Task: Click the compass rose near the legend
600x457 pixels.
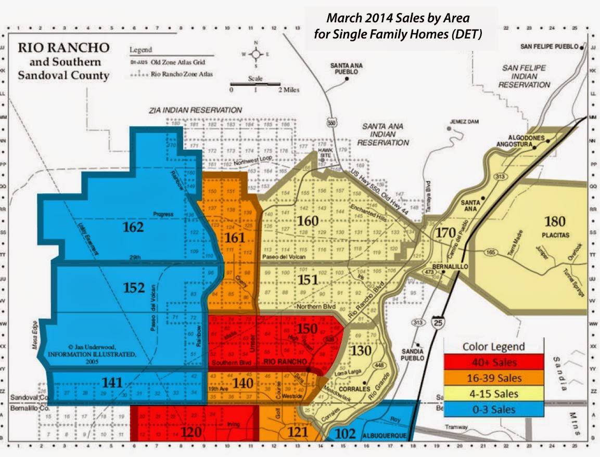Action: (x=256, y=54)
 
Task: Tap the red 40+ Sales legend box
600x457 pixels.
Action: (x=493, y=362)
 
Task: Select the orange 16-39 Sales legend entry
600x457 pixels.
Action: (x=493, y=377)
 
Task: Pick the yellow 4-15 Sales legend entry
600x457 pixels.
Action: (x=493, y=394)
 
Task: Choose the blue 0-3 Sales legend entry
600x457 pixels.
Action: (x=493, y=409)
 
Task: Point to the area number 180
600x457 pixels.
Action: (x=554, y=222)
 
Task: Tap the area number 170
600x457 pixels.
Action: (x=446, y=232)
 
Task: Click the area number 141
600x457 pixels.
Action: (x=112, y=383)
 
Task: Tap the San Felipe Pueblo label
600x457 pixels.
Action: (x=550, y=47)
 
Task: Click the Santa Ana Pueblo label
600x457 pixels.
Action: (x=344, y=69)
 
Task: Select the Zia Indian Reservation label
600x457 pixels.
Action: (x=195, y=111)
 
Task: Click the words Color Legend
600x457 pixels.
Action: (x=493, y=346)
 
